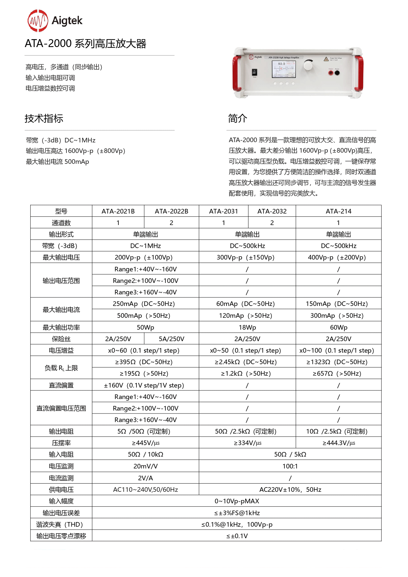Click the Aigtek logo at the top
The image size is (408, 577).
point(55,21)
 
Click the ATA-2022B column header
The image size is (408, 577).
point(171,211)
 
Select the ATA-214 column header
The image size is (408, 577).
point(338,211)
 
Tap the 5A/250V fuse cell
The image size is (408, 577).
point(171,339)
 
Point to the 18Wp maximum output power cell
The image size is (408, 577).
point(247,327)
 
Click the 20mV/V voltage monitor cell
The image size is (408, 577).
point(145,466)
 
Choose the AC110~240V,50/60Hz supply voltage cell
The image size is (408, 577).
point(145,489)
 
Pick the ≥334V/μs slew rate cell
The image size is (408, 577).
point(247,443)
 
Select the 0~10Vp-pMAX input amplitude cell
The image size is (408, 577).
point(237,501)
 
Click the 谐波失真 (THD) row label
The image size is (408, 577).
point(61,524)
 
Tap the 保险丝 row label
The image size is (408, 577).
point(61,339)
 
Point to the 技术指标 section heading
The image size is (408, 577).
point(44,118)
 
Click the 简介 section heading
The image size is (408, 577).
point(237,118)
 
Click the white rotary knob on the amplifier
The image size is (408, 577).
point(308,65)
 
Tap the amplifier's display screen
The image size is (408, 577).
point(283,69)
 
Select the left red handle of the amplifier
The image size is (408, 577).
point(236,73)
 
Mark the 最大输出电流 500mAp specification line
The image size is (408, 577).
point(58,162)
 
